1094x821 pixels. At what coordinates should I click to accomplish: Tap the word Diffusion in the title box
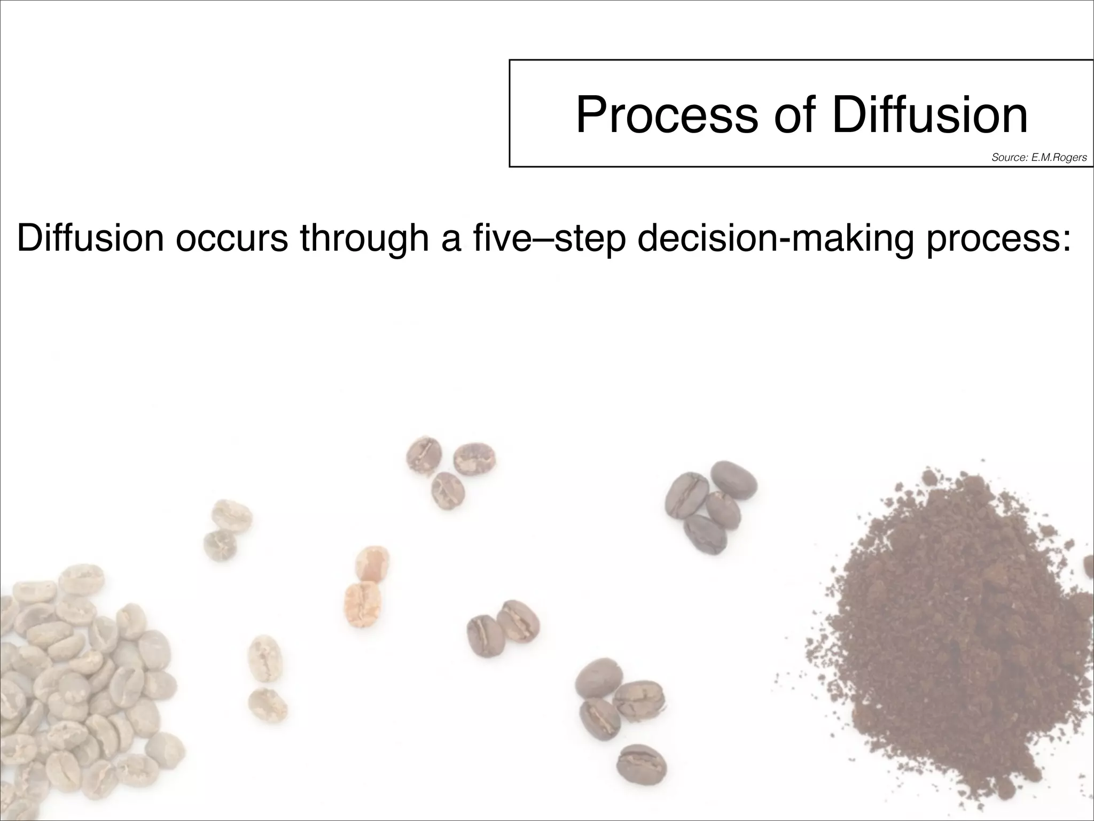929,114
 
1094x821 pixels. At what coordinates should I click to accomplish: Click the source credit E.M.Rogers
1039,158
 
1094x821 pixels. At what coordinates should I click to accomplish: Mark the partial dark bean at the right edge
1088,567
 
